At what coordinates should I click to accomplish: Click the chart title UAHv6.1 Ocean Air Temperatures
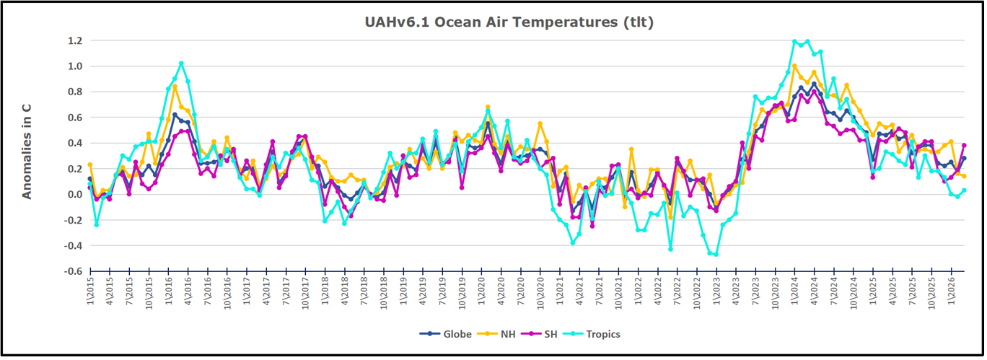click(509, 22)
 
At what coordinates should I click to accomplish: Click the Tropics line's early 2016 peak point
click(181, 63)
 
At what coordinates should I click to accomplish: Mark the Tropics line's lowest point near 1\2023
click(716, 254)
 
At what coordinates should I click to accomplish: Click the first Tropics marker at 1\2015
click(89, 186)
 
